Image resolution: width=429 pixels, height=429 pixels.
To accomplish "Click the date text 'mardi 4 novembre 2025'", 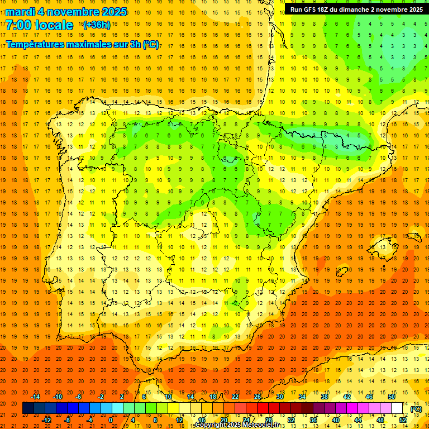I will point(66,12).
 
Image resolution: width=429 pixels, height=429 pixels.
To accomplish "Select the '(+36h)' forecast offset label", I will point(97,25).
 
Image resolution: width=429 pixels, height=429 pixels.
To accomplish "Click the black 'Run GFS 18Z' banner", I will point(356,9).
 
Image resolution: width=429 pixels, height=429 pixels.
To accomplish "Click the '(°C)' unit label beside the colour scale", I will point(416,409).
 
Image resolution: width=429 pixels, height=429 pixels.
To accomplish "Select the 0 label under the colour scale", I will point(111,420).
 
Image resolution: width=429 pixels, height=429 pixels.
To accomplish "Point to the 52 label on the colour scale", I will point(403,420).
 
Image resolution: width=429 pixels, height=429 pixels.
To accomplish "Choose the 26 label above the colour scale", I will point(258,397).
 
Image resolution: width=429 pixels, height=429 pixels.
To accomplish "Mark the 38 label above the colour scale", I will point(325,397).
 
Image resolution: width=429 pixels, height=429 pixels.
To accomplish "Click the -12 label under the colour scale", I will point(47,420).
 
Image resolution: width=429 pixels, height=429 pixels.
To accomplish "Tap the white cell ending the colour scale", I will point(397,408).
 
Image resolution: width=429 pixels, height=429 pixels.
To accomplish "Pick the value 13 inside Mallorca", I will point(383,247).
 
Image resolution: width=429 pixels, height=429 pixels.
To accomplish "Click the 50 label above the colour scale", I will point(392,397).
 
